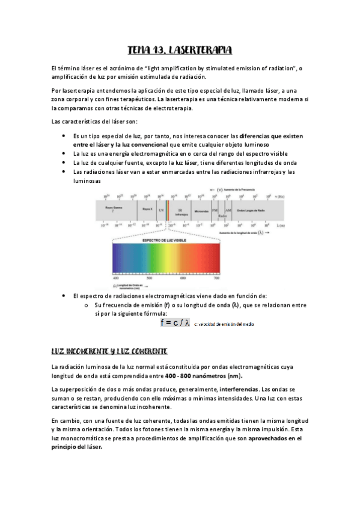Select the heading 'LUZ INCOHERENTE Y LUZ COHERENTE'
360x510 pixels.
pos(109,351)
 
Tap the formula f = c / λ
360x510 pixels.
pos(175,323)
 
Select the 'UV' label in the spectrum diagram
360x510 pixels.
pos(161,209)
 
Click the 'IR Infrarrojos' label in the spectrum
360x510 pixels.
pos(182,211)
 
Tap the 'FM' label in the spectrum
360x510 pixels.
pos(215,209)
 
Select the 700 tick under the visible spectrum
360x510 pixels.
pos(217,278)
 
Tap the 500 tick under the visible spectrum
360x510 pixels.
pos(149,278)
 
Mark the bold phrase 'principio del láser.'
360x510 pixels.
pos(78,447)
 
